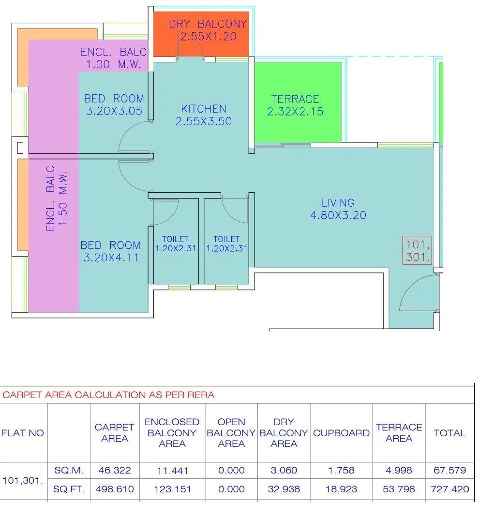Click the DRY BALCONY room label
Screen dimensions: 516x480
(x=208, y=30)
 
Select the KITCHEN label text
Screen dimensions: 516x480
(x=204, y=115)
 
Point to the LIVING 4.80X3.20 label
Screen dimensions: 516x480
(x=338, y=209)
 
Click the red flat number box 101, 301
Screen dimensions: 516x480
(x=418, y=250)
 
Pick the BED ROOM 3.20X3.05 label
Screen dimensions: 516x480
(x=114, y=105)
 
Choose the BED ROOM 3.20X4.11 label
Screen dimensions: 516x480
(x=111, y=251)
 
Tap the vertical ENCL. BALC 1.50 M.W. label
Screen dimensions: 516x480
(x=57, y=199)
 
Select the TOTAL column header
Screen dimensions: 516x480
(x=450, y=433)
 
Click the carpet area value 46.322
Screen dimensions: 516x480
(x=114, y=470)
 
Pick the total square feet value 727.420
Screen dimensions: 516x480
(x=450, y=489)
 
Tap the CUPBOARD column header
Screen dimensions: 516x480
(x=341, y=433)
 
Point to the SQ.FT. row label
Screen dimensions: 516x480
(x=69, y=489)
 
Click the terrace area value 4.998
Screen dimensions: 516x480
(x=399, y=470)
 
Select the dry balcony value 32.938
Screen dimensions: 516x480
(x=284, y=489)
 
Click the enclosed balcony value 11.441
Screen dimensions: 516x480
(x=172, y=470)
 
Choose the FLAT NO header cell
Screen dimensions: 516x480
(x=23, y=433)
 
